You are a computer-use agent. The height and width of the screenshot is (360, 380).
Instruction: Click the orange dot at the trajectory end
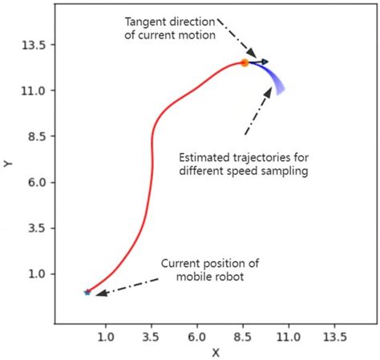click(245, 62)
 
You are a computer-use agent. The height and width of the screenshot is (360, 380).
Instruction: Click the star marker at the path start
click(87, 292)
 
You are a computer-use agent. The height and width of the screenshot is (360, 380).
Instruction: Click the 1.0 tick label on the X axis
click(105, 338)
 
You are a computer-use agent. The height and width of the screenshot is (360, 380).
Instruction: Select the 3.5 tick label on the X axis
click(151, 338)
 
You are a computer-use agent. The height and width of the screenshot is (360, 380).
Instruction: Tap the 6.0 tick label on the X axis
click(196, 338)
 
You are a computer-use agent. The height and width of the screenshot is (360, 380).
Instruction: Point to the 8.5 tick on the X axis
click(242, 338)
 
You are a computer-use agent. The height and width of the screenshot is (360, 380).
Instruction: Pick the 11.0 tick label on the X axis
click(288, 338)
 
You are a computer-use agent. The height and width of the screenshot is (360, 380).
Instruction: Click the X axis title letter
click(215, 352)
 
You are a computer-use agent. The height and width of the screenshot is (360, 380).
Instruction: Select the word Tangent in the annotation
click(145, 20)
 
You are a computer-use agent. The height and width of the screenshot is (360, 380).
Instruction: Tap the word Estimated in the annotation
click(206, 157)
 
